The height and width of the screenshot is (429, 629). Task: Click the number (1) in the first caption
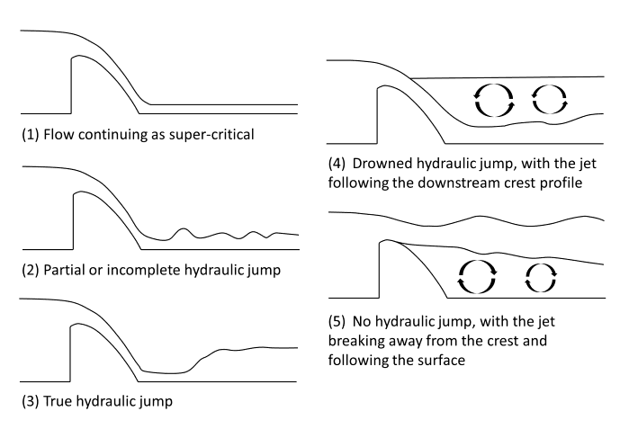click(30, 138)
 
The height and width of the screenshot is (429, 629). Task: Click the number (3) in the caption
click(30, 401)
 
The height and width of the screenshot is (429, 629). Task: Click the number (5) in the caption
click(339, 320)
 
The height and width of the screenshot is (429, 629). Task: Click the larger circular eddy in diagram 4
click(491, 100)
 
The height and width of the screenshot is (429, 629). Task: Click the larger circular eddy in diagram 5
click(478, 275)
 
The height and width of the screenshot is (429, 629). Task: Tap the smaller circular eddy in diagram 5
click(542, 274)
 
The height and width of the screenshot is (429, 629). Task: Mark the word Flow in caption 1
click(58, 138)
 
